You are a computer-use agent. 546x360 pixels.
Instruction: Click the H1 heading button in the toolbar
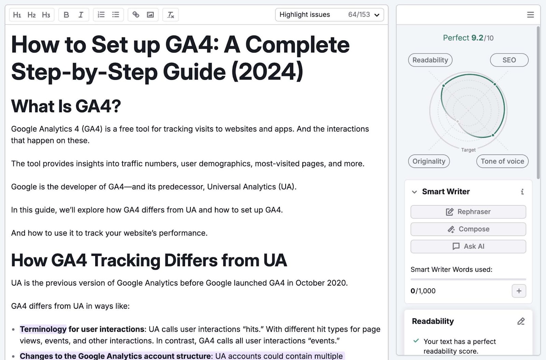[17, 15]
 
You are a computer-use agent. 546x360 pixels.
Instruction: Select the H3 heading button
[46, 15]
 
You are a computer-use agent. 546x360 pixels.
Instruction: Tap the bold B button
[66, 15]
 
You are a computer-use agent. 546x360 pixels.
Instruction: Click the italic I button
[81, 15]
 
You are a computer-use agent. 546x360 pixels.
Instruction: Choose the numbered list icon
[101, 15]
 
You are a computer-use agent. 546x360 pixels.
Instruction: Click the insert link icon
[136, 15]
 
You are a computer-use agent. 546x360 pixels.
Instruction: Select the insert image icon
[150, 15]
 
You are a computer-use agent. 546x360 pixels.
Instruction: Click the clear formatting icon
[171, 15]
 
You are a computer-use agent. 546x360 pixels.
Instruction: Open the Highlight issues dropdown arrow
[377, 15]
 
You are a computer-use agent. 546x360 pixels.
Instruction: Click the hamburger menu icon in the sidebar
[530, 15]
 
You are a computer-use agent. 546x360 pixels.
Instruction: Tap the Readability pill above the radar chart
[430, 60]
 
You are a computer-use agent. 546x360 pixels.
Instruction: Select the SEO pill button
[509, 60]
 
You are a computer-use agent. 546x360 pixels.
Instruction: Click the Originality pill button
[429, 161]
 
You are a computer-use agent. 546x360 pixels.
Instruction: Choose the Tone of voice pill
[502, 161]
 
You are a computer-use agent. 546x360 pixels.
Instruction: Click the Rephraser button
[468, 212]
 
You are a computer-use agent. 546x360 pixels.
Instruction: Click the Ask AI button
[468, 246]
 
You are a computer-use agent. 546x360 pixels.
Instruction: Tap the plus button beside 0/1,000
[519, 291]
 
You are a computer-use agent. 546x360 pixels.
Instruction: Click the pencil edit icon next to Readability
[521, 321]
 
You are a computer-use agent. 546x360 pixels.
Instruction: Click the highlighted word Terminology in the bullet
[43, 329]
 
